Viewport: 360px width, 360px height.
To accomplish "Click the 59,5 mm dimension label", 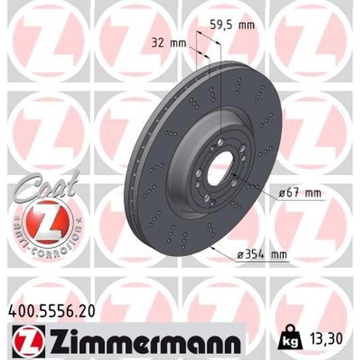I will pos(232,25).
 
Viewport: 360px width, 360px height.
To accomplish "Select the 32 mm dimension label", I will pos(163,43).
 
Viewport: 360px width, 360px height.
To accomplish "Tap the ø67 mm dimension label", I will pos(300,193).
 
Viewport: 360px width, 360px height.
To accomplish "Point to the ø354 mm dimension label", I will pos(262,256).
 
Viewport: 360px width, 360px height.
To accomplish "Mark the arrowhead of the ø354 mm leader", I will pos(211,246).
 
